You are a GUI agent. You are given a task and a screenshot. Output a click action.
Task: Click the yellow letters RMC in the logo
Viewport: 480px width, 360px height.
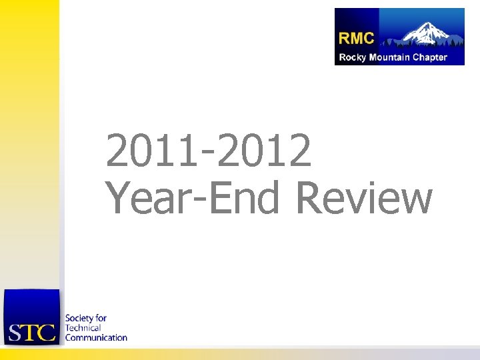point(357,37)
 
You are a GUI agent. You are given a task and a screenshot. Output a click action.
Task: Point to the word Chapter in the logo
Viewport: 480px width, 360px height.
point(430,57)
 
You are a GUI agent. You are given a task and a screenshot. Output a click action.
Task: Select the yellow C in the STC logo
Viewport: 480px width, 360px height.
point(46,332)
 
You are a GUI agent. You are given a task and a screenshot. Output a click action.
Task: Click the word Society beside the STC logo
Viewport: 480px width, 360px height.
point(79,319)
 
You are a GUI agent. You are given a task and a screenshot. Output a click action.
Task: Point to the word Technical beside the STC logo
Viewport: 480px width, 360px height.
point(83,328)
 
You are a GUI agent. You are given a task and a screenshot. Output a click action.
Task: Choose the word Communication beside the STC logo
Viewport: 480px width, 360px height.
point(96,337)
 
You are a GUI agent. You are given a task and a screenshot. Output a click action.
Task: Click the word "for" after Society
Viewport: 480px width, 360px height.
point(101,319)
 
